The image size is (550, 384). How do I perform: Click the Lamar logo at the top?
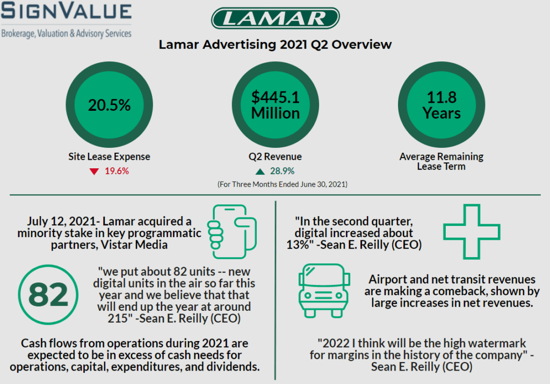coord(275,18)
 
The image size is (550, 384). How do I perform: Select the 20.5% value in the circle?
coord(109,105)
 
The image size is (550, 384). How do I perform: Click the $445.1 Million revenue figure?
coord(276,105)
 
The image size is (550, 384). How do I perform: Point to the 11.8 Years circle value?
coord(442,105)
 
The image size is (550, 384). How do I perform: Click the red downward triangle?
coord(95,172)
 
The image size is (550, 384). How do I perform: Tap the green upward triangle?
coord(260,172)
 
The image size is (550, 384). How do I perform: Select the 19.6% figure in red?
coord(117,172)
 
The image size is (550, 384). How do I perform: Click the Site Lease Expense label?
coord(109,157)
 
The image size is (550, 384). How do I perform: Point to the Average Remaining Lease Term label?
coord(442,161)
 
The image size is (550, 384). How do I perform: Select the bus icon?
coord(324,290)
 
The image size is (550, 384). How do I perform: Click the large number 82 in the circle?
coord(48,294)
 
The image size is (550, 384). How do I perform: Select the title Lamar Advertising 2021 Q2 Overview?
coord(275,45)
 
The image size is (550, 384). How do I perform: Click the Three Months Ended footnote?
coord(282,184)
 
